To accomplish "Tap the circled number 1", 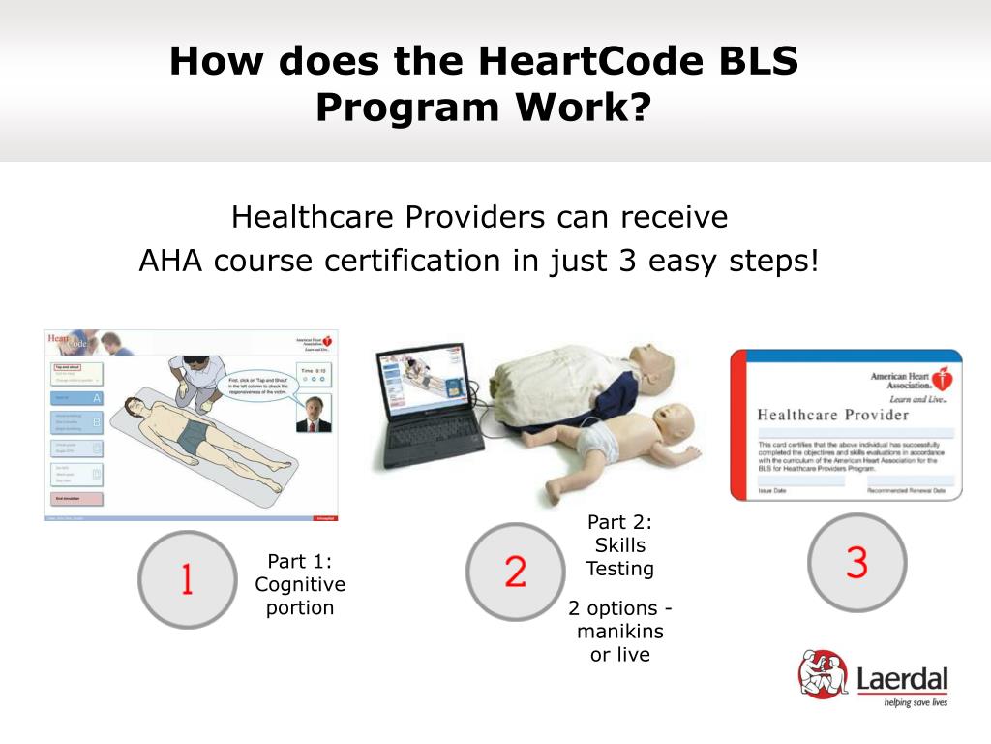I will click(186, 579).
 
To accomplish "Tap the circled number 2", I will click(515, 572).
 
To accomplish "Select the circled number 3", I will click(856, 563).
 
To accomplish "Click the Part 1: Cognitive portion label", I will click(300, 584).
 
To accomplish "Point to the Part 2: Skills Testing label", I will click(620, 545).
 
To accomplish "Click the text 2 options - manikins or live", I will click(620, 631).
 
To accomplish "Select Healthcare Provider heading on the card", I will click(832, 415).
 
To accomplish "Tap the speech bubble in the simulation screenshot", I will click(257, 391).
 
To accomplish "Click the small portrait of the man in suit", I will click(313, 413).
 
